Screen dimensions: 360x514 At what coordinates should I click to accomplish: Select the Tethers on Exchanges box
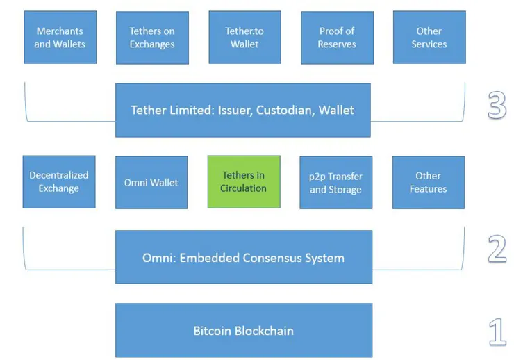(151, 38)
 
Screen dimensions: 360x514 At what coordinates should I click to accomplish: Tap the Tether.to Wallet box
(244, 38)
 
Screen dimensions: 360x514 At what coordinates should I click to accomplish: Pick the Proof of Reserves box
(337, 38)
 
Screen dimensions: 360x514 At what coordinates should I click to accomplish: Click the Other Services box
(429, 38)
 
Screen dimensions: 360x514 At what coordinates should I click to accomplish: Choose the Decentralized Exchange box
(59, 181)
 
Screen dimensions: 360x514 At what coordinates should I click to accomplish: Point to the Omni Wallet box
(151, 182)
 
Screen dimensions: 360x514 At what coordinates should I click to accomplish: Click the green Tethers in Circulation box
(244, 181)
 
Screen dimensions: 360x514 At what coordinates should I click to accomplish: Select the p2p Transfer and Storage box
(336, 182)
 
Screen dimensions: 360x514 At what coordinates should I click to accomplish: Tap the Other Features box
(428, 182)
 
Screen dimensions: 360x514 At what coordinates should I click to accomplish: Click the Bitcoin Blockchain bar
(243, 331)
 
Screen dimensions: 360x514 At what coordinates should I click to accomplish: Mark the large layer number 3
(497, 107)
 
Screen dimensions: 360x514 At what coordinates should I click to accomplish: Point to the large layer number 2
(497, 249)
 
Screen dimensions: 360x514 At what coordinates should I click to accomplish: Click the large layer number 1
(497, 332)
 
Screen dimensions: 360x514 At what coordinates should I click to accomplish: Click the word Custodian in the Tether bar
(284, 110)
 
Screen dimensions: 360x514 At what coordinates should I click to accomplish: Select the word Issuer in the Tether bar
(233, 110)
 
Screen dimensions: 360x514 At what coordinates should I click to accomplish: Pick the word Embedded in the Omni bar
(210, 258)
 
